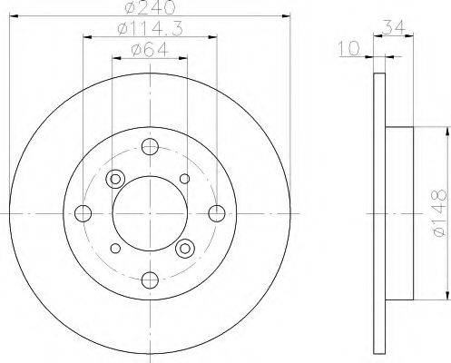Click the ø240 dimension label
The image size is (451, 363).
click(x=150, y=8)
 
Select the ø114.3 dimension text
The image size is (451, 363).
click(x=151, y=29)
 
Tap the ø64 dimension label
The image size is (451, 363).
click(x=150, y=50)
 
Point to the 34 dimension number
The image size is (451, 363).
click(x=394, y=27)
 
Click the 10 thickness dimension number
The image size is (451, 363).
click(x=349, y=48)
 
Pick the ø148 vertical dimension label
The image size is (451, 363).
click(x=439, y=213)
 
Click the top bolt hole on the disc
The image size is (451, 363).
click(x=150, y=147)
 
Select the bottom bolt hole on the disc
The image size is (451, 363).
click(x=150, y=280)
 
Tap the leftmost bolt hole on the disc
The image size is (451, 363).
click(x=83, y=213)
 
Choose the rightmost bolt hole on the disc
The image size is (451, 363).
click(x=217, y=213)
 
